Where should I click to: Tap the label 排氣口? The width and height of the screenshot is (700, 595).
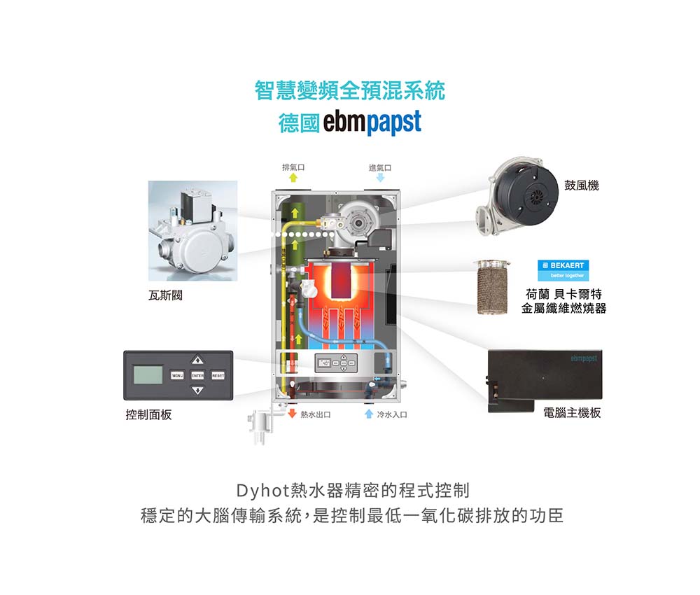pos(292,167)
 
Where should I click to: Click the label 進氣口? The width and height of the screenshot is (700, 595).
pos(379,167)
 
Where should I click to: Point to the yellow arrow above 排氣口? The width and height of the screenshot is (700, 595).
pos(293,179)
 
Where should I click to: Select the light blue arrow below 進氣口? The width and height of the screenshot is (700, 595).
pos(380,178)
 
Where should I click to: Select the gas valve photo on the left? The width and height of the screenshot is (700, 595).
pos(192,231)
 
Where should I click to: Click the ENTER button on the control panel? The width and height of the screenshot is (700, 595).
pos(197,377)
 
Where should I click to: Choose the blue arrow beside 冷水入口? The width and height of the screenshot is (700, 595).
pos(368,415)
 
